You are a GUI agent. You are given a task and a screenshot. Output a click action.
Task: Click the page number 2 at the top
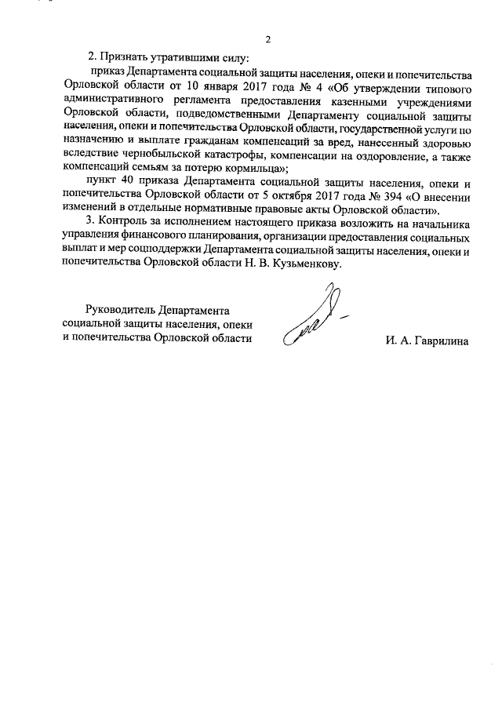pos(268,40)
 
